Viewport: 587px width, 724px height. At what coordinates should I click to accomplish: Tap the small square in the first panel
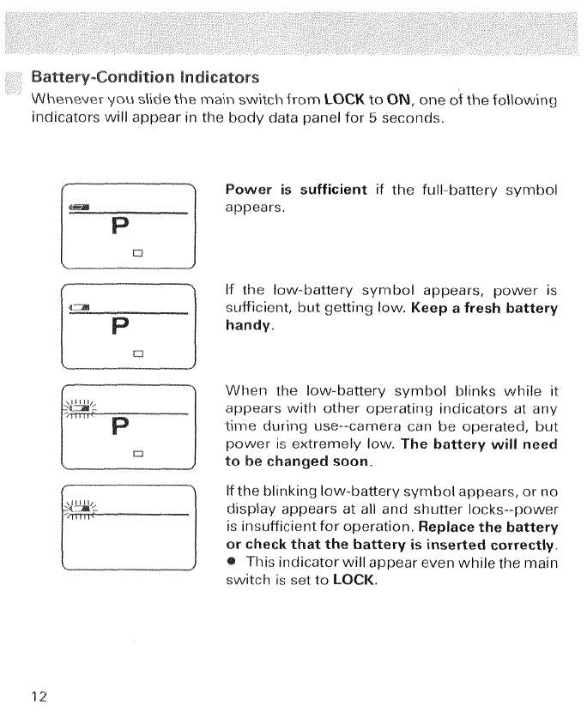[135, 253]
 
